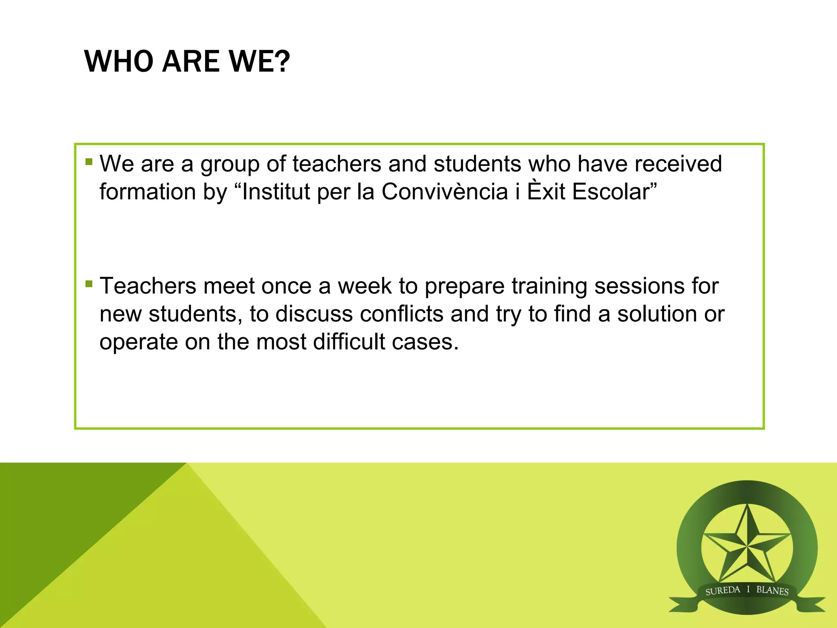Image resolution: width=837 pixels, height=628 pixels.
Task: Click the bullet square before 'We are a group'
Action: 89,162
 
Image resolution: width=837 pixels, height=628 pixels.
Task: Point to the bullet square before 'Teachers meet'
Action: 89,284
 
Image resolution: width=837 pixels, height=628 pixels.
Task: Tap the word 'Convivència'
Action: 445,191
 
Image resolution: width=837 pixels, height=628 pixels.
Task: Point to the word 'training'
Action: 549,286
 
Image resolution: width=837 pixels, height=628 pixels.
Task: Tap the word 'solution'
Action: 657,314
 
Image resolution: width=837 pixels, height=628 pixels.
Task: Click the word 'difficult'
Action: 349,342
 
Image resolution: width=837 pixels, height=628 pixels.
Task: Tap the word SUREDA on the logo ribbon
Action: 723,590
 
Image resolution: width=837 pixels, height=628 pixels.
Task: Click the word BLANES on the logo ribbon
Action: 772,590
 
